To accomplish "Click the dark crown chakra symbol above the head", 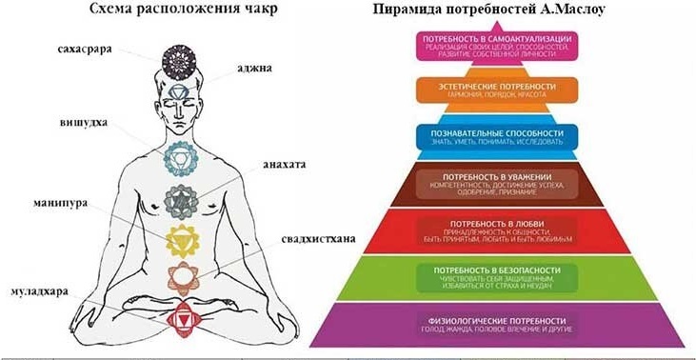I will (x=178, y=60).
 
